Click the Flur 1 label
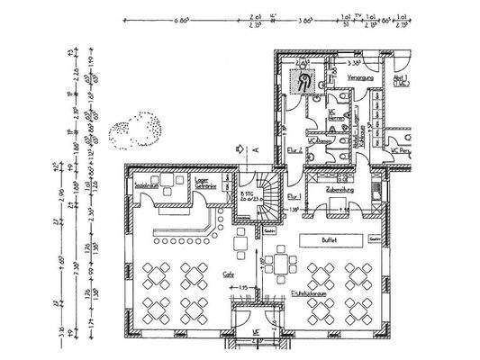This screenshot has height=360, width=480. coord(294,195)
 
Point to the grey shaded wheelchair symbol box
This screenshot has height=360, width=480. coord(304,82)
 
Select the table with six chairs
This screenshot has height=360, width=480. coord(282,263)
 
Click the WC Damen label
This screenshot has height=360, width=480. coord(317,141)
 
